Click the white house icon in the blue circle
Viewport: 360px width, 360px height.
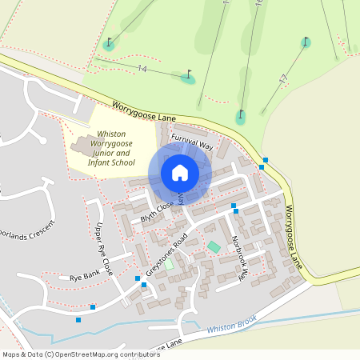(x=179, y=173)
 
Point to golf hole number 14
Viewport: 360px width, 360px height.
(x=142, y=69)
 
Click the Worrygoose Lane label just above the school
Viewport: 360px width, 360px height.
(x=143, y=111)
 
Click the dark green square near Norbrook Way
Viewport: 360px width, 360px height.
(x=214, y=246)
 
